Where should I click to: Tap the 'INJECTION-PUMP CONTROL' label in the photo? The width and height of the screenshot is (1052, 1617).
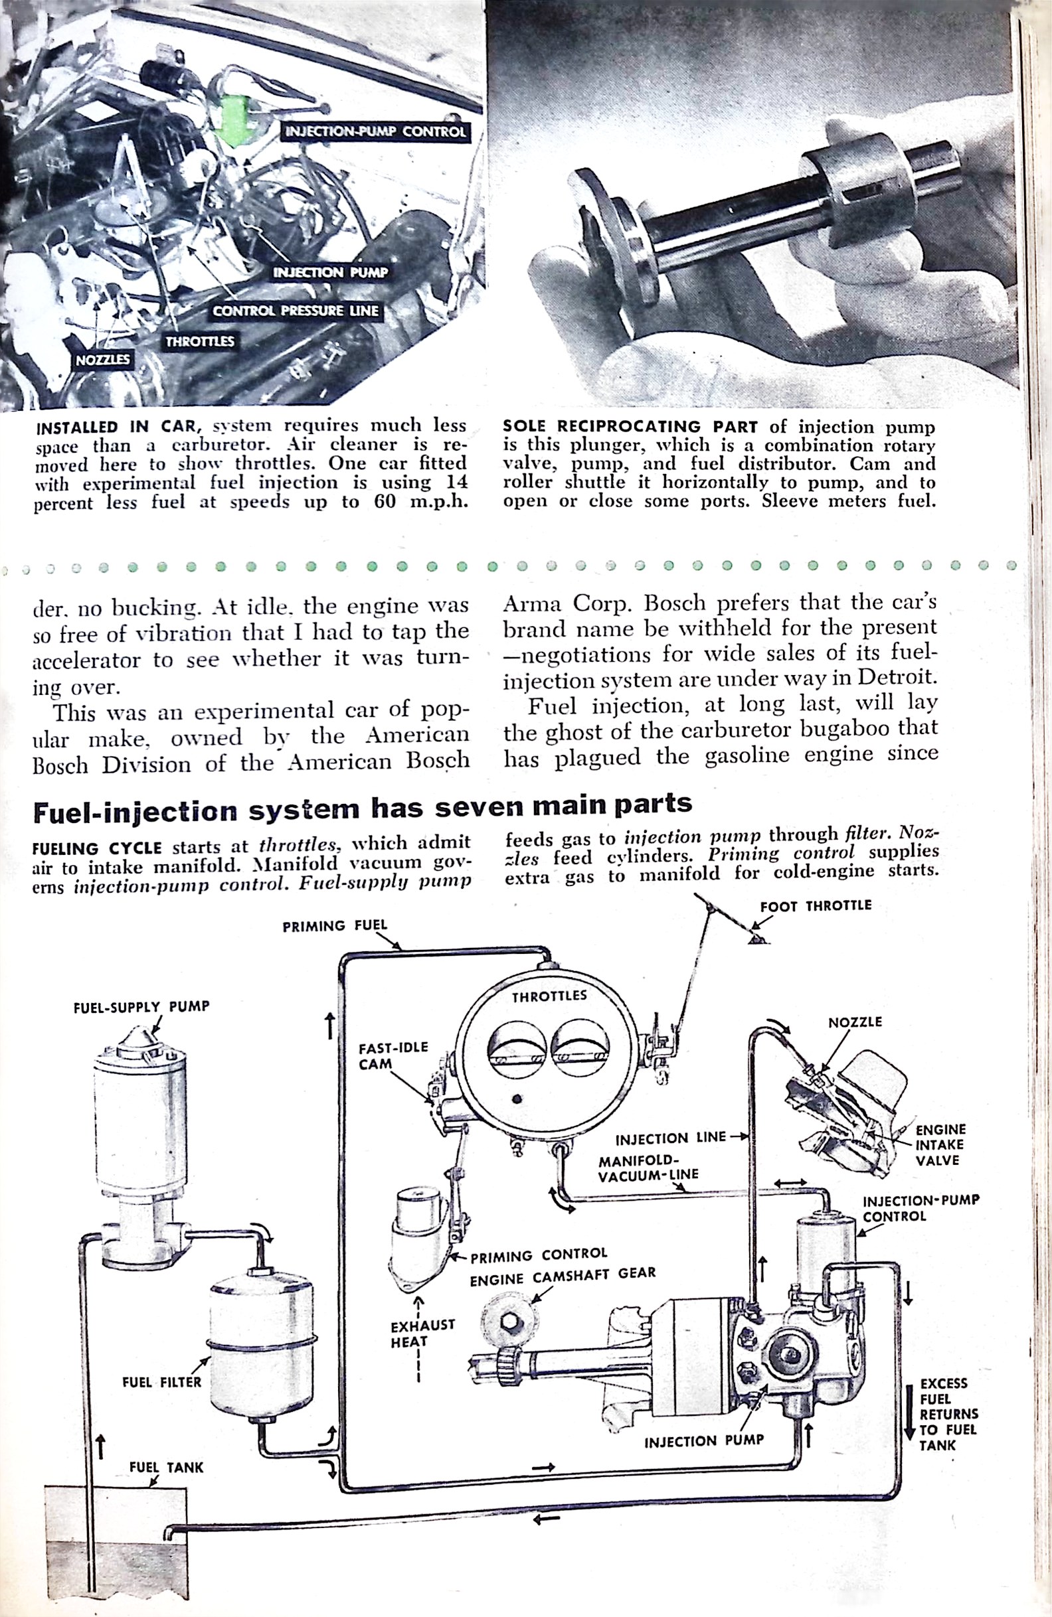(375, 132)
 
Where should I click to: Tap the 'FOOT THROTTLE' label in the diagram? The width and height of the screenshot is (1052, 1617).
(815, 905)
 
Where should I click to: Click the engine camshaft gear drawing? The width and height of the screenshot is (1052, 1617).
(507, 1321)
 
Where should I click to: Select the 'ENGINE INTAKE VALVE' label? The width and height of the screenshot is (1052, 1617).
(941, 1145)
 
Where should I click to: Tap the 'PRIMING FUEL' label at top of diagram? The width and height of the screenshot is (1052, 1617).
(335, 925)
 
